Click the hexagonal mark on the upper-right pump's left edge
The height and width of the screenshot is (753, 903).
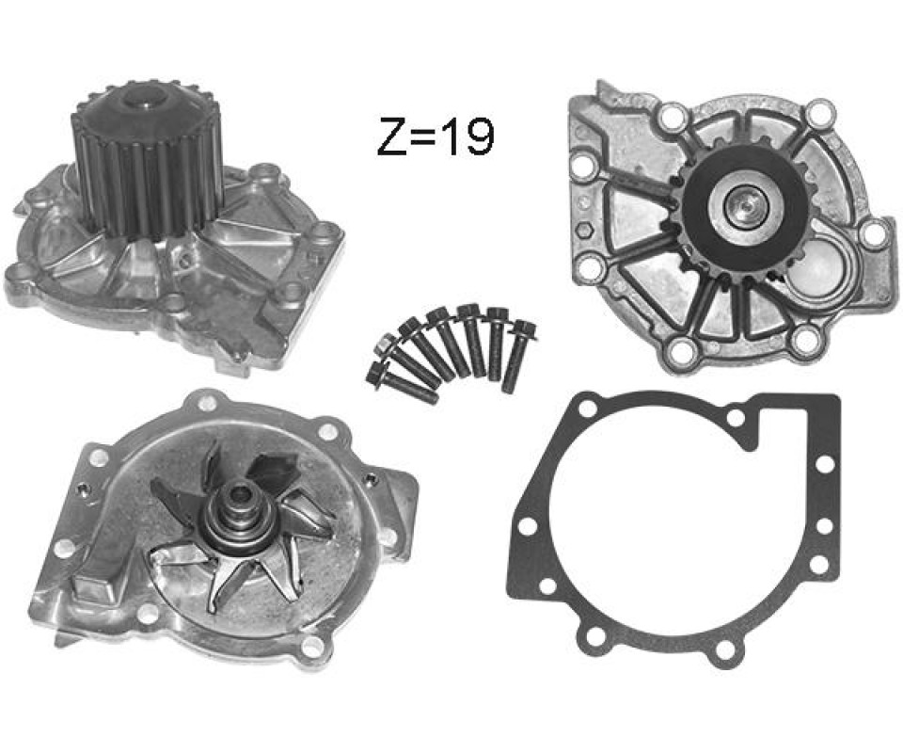pyautogui.click(x=583, y=231)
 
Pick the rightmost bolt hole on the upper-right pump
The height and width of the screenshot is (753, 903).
pyautogui.click(x=874, y=233)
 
